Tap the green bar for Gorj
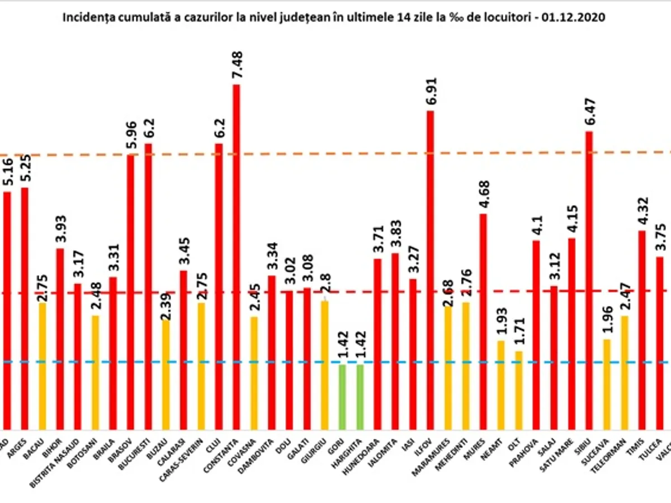(x=342, y=397)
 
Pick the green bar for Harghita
(x=360, y=397)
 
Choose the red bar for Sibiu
(x=589, y=279)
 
